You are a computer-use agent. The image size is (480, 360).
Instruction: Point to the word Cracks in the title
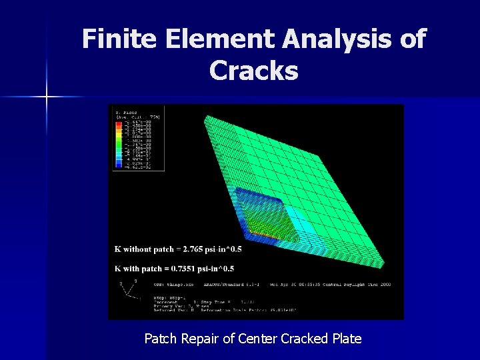(253, 69)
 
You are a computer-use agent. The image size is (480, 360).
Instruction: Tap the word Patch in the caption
(160, 339)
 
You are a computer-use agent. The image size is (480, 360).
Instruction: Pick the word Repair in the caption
(199, 339)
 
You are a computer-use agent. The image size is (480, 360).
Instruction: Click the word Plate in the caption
(345, 339)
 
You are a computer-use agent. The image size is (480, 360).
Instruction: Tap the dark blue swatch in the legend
(119, 167)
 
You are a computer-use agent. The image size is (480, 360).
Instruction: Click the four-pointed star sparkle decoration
(47, 97)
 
